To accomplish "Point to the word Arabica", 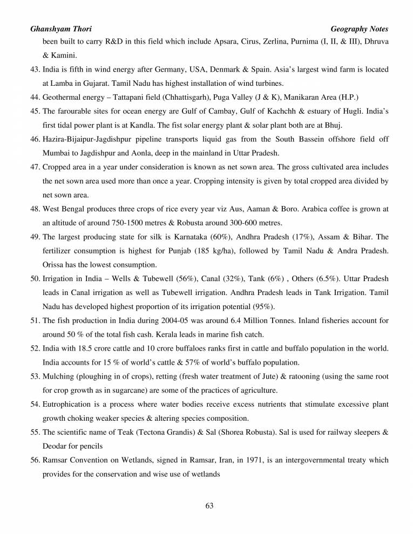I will pos(303,209).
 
